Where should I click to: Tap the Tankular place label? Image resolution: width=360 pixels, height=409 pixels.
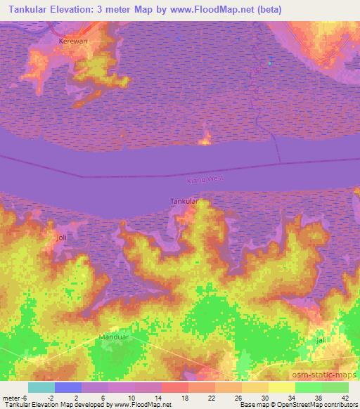(184, 202)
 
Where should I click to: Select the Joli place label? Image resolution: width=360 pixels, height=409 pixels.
(62, 238)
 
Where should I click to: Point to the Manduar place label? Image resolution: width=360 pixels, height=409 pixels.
(112, 337)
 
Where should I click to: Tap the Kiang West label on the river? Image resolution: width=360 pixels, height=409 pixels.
(205, 180)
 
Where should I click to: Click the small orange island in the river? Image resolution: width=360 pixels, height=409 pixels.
(205, 139)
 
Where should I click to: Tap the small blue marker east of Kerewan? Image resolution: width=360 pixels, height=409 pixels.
(269, 63)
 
